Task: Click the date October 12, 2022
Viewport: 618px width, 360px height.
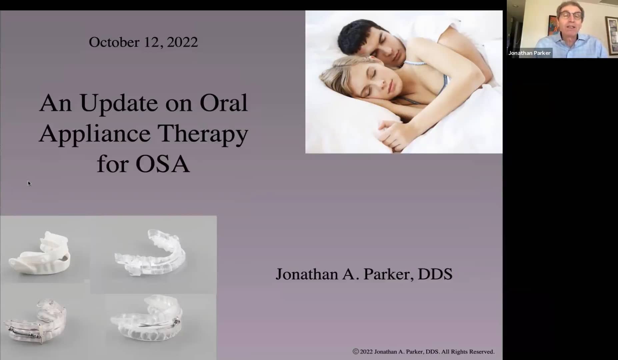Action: tap(143, 42)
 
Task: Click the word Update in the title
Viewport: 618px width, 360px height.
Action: tap(118, 104)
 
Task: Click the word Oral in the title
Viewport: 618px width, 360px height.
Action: tap(224, 103)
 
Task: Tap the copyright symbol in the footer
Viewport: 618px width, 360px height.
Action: tap(356, 351)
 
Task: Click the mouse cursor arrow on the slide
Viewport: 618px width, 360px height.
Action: tap(29, 183)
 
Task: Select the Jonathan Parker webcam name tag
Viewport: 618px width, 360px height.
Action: tap(529, 53)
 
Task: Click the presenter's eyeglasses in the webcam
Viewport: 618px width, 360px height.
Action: tap(571, 15)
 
